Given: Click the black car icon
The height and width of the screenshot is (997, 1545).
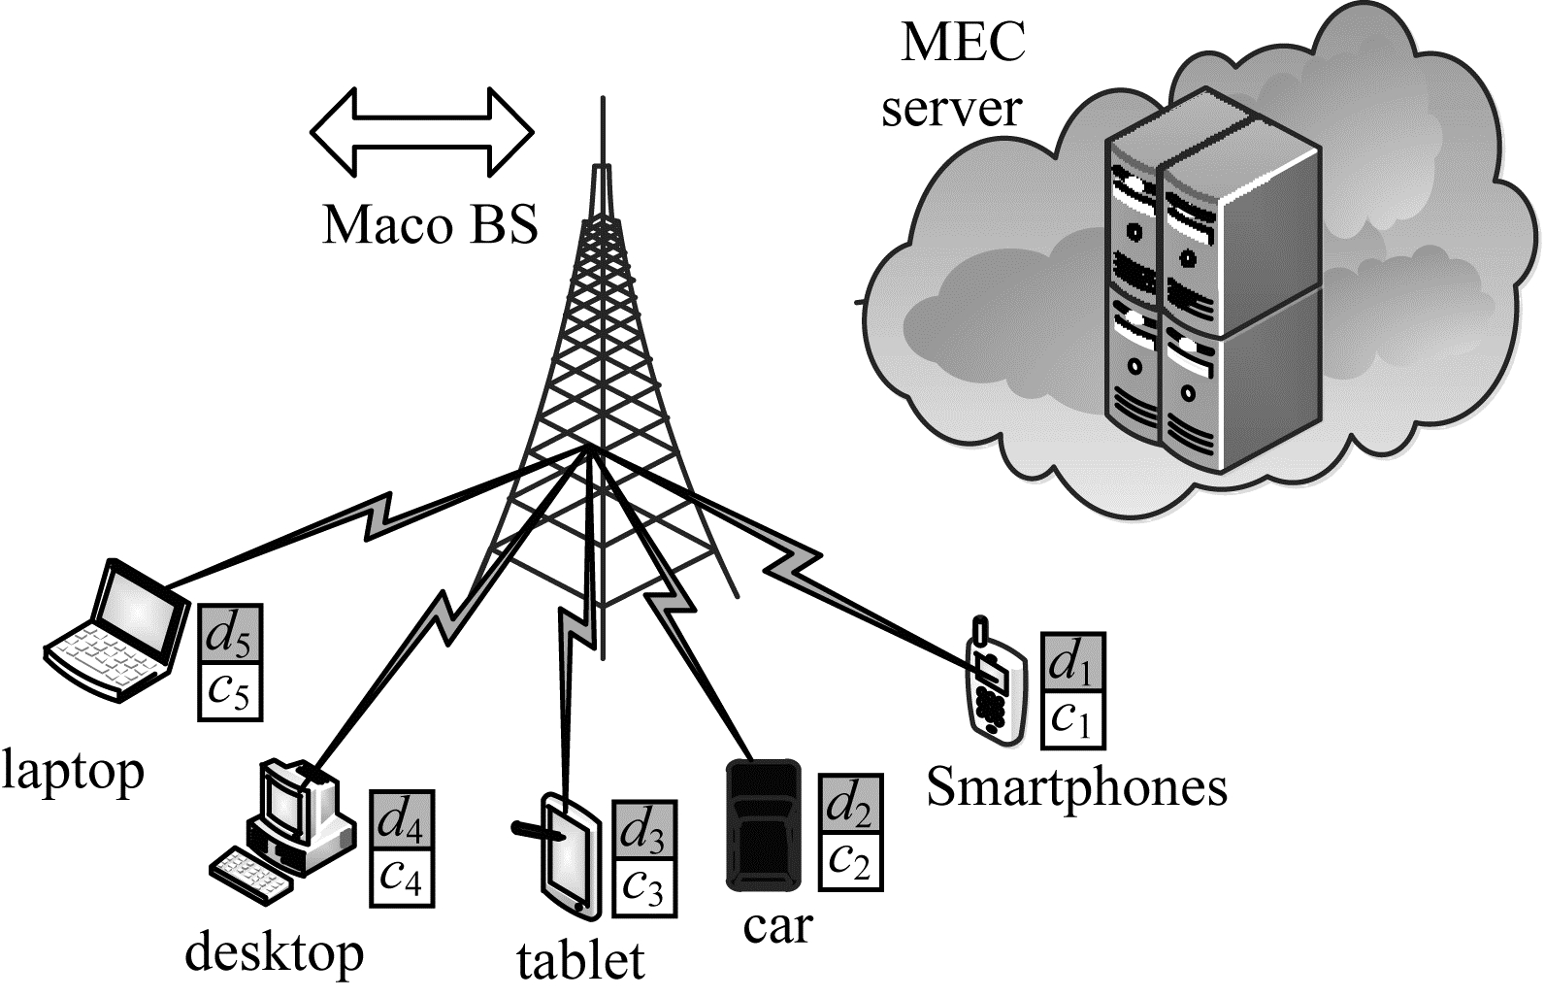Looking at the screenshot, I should click(765, 825).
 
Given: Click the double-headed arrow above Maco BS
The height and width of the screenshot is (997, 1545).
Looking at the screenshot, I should click(422, 133).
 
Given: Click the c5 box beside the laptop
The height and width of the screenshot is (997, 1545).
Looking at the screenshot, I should click(230, 691).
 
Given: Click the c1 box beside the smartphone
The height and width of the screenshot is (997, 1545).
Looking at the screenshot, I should click(1071, 718).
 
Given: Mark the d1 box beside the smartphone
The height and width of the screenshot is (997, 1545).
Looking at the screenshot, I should click(1071, 662).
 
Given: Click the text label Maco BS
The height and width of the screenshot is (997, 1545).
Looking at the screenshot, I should click(429, 224).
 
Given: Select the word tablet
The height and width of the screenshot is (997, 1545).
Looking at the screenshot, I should click(580, 960).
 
